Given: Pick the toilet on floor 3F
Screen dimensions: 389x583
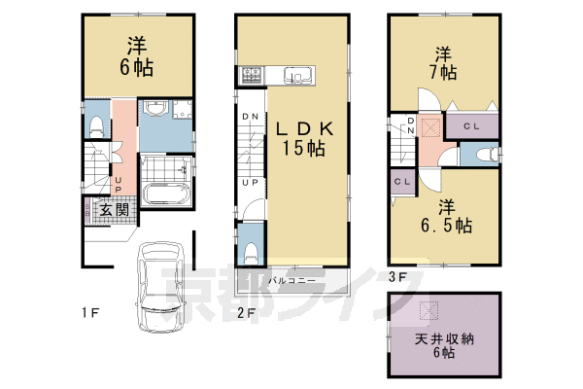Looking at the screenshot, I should [x=489, y=154].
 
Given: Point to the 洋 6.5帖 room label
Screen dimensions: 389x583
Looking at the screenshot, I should [x=445, y=216].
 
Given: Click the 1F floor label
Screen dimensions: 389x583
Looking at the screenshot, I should [x=89, y=312].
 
